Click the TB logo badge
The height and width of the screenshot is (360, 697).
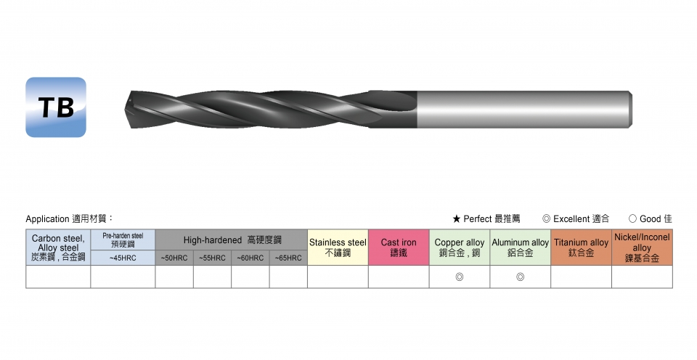(x=56, y=107)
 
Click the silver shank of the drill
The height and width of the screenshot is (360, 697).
(x=524, y=110)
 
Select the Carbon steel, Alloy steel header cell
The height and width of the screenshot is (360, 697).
(x=58, y=247)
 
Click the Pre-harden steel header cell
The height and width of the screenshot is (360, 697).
(x=123, y=240)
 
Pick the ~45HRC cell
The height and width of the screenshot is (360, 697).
(x=123, y=258)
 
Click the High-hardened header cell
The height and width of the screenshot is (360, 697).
(x=232, y=240)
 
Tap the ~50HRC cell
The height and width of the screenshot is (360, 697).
(x=174, y=258)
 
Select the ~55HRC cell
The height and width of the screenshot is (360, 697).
(x=213, y=258)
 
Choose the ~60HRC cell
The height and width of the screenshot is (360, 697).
(x=250, y=258)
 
